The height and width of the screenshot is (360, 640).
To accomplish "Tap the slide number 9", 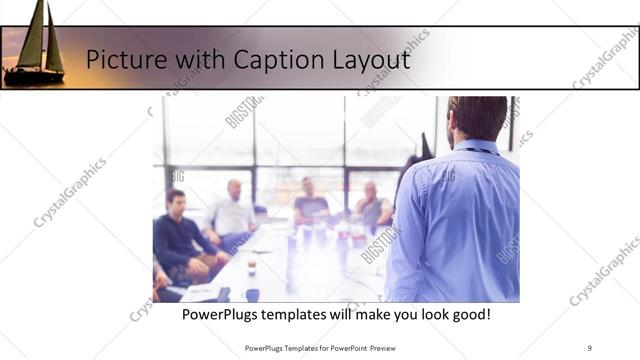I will (589, 347).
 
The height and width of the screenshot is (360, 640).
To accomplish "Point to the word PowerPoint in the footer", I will (344, 347).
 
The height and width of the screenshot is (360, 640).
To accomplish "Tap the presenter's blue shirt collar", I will (478, 150).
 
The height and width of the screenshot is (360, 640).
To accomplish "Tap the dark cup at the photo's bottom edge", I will (252, 295).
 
